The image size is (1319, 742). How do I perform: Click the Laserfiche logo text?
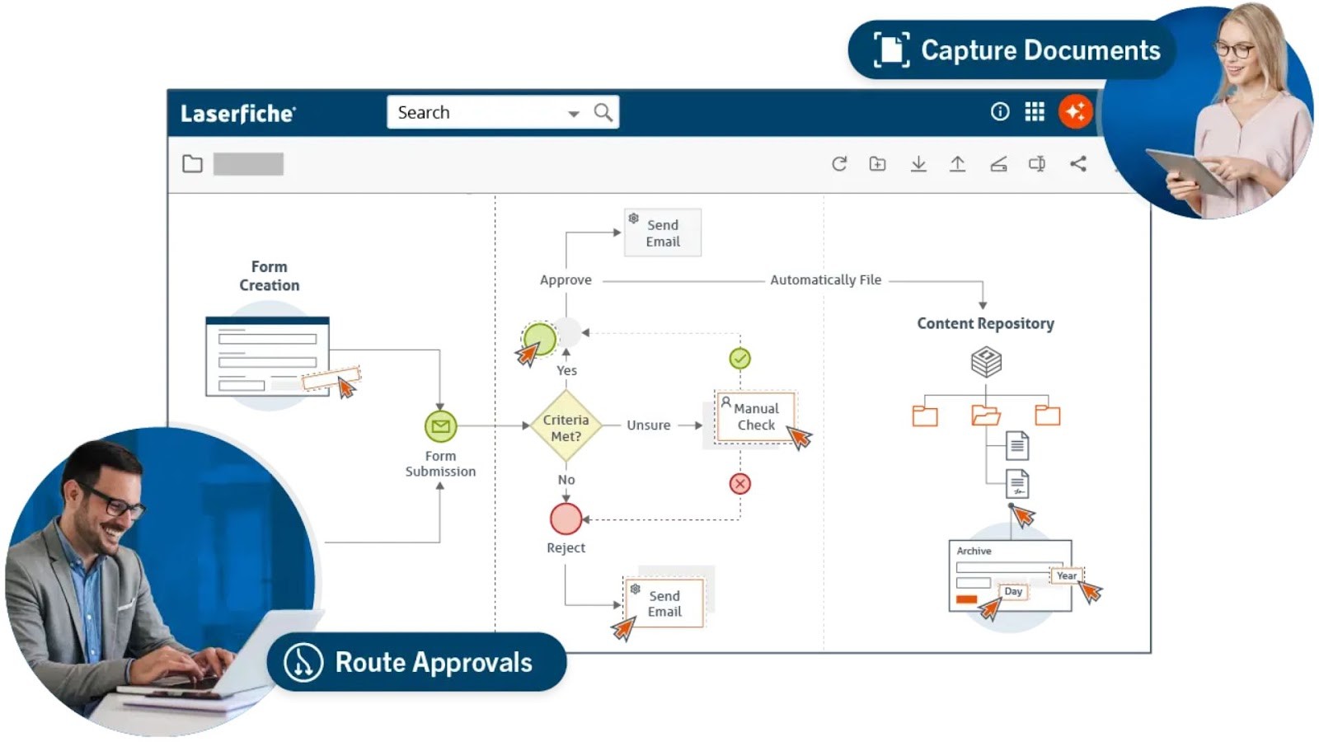point(237,114)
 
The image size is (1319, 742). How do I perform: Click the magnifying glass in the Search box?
point(603,112)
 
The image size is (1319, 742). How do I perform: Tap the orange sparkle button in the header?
point(1075,112)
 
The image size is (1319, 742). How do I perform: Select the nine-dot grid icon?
point(1035,112)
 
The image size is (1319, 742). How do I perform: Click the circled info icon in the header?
point(999,112)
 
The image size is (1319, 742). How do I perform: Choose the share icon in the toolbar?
point(1077,164)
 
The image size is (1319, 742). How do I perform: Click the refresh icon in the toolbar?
point(839,164)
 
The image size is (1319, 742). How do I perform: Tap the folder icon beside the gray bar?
point(192,164)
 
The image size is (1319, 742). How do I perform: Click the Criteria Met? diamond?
point(566,427)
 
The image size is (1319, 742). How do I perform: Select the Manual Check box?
point(754,417)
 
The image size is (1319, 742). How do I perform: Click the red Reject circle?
point(566,519)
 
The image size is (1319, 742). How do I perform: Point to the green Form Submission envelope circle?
point(440,426)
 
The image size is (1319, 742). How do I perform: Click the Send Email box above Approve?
point(662,233)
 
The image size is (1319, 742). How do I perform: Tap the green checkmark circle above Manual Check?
point(739,359)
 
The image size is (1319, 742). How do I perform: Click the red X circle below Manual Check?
point(739,484)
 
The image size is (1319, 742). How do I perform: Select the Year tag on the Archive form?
point(1066,575)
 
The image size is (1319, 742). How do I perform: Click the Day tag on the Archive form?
point(1013,591)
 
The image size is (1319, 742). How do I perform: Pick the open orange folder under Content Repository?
point(985,415)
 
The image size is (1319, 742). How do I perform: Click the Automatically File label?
point(825,280)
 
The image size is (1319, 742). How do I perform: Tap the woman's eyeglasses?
point(1234,50)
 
